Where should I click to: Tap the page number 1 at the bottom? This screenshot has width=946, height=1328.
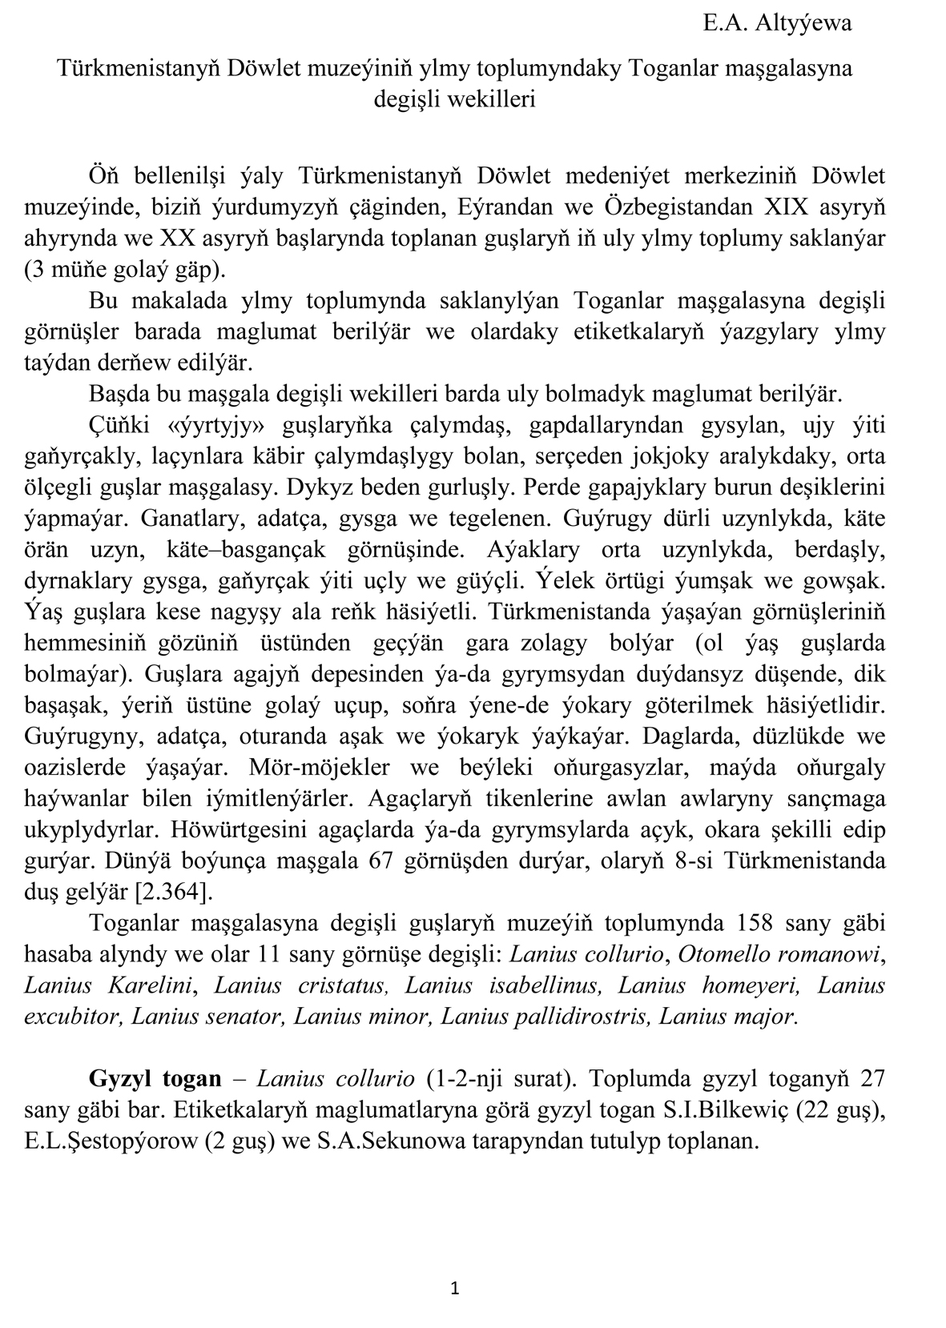pyautogui.click(x=455, y=1288)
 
